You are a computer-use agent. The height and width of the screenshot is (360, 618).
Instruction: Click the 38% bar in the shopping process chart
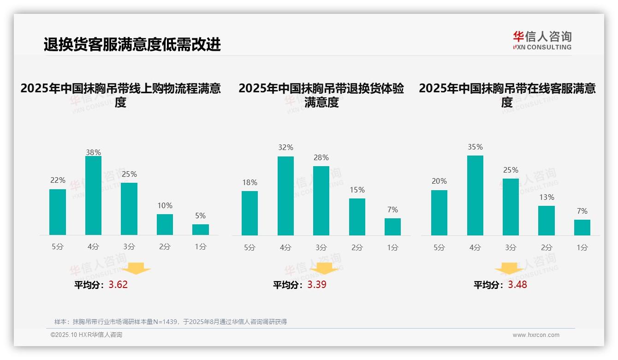point(93,196)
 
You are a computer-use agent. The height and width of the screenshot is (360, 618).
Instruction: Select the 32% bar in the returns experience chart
point(285,196)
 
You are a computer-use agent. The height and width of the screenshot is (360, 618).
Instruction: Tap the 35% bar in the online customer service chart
point(475,195)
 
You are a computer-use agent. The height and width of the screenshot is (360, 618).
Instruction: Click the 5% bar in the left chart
point(201,230)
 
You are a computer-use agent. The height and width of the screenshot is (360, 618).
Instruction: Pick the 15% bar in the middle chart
point(357,217)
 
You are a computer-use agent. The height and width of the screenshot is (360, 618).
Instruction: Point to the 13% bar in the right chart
point(547,221)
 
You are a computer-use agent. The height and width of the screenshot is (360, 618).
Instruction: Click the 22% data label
point(58,180)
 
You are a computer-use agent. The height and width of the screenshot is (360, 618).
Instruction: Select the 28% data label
point(321,158)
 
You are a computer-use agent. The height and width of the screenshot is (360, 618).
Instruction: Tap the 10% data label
point(165,205)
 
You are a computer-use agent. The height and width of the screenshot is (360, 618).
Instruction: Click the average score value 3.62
point(118,284)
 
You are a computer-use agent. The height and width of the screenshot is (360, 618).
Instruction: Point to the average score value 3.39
point(317,284)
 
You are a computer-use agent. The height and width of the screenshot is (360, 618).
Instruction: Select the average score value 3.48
point(517,284)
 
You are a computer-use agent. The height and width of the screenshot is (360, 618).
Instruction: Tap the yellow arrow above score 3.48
point(509,269)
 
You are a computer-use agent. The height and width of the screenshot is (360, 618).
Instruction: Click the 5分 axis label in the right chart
point(439,247)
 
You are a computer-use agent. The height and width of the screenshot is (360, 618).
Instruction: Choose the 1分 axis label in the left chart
point(201,246)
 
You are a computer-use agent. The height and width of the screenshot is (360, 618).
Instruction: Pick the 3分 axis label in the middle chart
point(321,247)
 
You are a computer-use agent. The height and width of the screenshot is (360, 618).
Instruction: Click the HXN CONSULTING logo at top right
point(542,40)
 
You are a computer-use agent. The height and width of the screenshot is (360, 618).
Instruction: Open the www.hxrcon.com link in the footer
point(536,335)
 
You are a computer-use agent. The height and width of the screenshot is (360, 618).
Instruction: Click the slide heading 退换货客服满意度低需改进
point(132,44)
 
